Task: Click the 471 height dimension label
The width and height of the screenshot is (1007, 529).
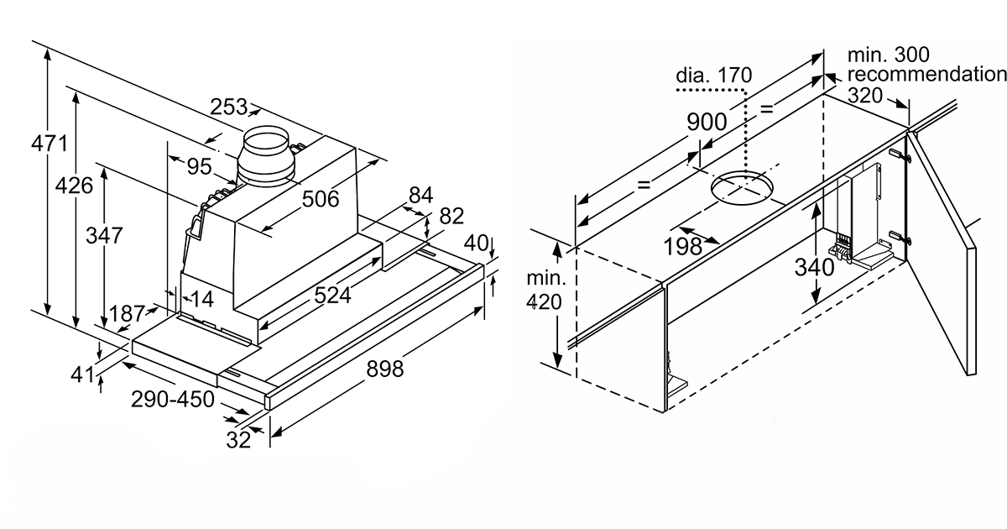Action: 50,143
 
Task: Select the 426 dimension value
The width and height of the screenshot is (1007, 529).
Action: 74,186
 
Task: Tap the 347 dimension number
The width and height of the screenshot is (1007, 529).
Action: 104,235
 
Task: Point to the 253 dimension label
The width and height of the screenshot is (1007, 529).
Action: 229,107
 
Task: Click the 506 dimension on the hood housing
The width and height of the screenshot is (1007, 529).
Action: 321,199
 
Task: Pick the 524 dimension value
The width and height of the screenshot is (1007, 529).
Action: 332,296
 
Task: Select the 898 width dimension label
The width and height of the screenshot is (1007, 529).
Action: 385,369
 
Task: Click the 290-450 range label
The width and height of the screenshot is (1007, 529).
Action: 173,399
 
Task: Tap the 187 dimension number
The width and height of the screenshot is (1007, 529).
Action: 128,313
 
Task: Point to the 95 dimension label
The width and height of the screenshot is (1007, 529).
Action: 199,166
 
